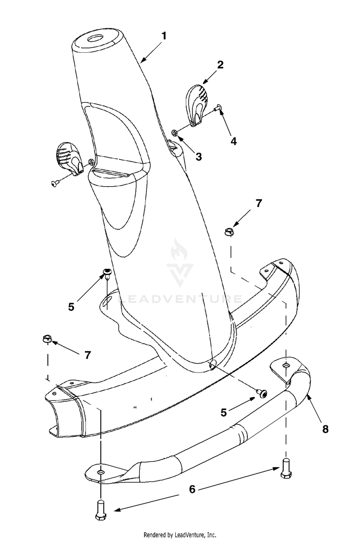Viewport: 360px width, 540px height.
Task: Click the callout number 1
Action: coord(164,36)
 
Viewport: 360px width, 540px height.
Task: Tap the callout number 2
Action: coord(220,64)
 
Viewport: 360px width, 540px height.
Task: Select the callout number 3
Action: coord(198,156)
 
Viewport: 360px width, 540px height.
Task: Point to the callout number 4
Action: coord(234,141)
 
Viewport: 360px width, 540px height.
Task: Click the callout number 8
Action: coord(325,429)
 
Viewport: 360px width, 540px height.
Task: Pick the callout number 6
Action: coord(192,489)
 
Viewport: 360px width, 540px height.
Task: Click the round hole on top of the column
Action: coord(95,38)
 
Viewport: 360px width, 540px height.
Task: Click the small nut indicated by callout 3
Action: coord(175,132)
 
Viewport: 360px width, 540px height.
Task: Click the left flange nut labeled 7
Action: coord(47,338)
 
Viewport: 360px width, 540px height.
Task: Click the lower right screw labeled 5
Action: coord(262,393)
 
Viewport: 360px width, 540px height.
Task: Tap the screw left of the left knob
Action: coord(54,184)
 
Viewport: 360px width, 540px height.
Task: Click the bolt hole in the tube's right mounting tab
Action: coord(285,365)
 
